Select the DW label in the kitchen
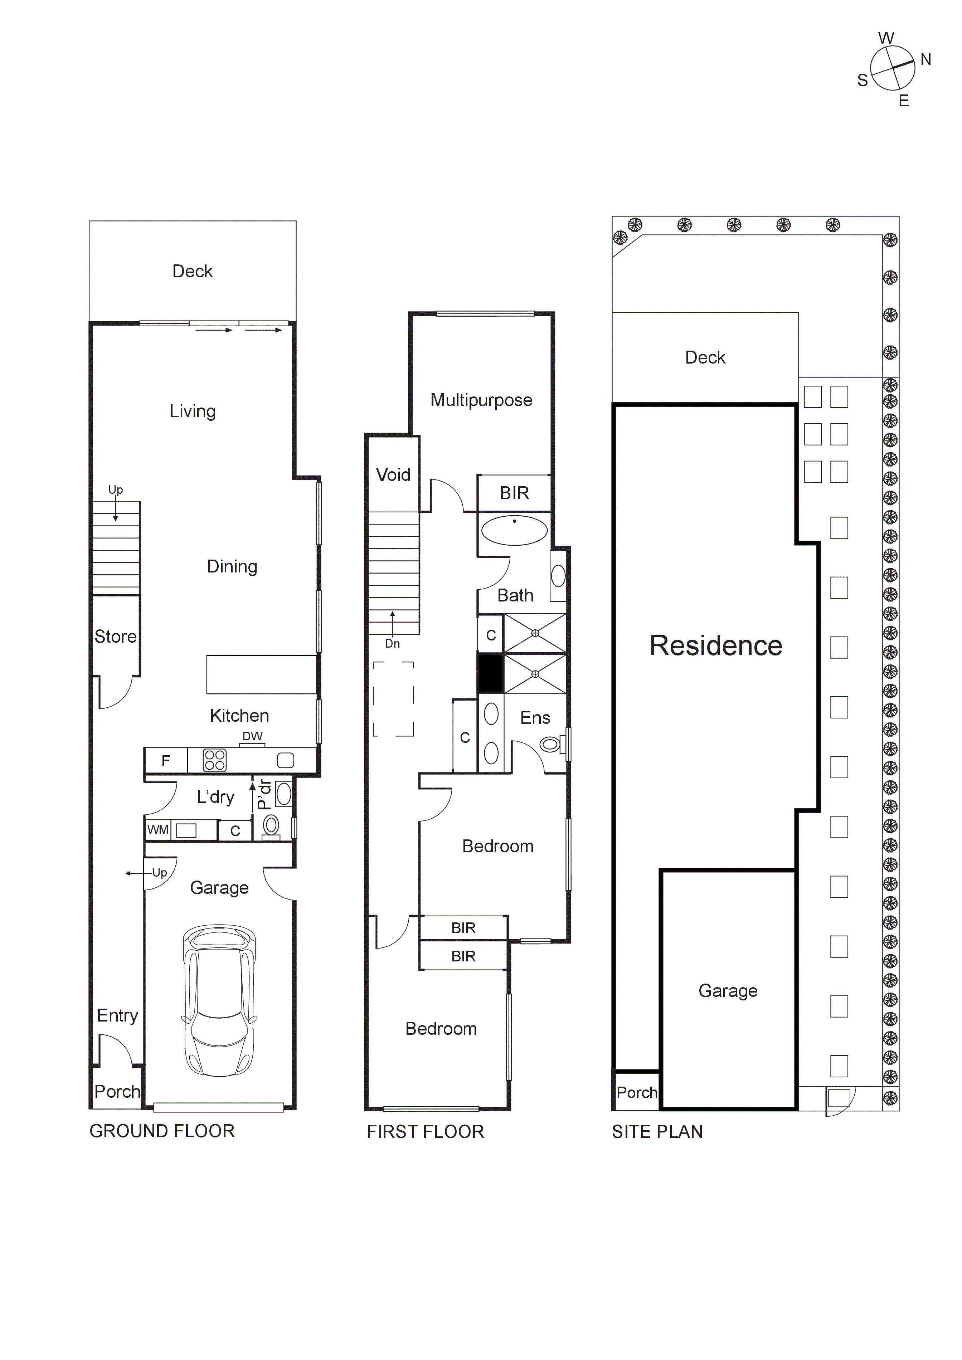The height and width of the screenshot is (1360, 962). (252, 736)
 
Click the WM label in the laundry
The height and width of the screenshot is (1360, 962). (157, 830)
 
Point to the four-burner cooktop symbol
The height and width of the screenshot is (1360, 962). (214, 761)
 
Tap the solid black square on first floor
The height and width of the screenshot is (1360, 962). (490, 673)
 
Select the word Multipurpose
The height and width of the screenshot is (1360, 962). (481, 400)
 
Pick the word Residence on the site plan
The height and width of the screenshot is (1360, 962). (715, 645)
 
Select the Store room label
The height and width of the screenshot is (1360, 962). (116, 637)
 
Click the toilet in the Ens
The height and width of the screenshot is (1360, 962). (551, 744)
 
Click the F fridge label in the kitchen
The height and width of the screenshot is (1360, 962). (166, 761)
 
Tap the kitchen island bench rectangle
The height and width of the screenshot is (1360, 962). (261, 674)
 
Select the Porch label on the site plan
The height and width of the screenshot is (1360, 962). (637, 1092)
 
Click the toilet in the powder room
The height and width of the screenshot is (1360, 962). (271, 824)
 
